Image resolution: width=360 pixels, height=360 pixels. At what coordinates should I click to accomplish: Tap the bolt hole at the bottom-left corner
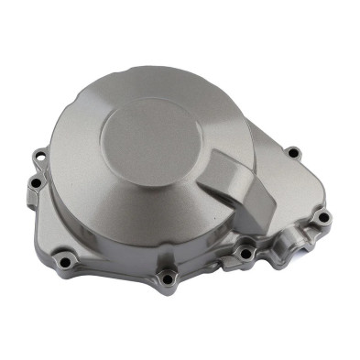pos(65,263)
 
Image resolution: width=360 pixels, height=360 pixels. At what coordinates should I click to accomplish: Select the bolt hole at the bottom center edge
pos(167,278)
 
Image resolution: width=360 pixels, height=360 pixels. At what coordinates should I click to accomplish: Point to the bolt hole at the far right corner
pos(322,218)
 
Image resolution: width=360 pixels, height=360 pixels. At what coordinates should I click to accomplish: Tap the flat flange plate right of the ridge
pos(289,188)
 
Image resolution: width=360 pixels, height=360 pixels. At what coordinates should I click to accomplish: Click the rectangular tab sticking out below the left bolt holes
pos(33,203)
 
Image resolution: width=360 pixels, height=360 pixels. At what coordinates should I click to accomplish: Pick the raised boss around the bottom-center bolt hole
pos(167,272)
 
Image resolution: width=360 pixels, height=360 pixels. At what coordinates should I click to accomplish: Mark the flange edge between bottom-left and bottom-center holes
pos(115,273)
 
